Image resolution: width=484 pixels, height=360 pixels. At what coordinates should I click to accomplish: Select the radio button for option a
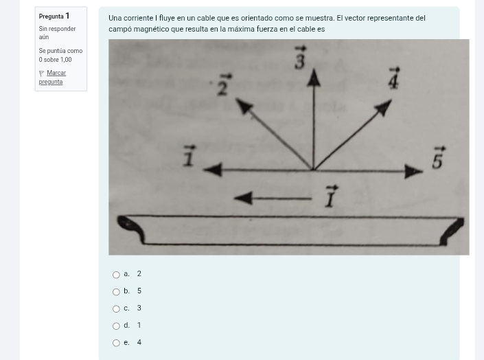tap(116, 275)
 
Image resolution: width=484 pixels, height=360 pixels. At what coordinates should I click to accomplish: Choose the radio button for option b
tap(116, 292)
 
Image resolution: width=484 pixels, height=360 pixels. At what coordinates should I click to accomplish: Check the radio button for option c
tap(116, 309)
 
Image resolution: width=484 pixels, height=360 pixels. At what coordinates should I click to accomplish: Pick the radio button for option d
tap(116, 326)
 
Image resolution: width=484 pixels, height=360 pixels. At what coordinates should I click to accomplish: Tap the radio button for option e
tap(116, 343)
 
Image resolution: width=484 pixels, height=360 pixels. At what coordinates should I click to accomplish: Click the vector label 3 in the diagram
tap(300, 60)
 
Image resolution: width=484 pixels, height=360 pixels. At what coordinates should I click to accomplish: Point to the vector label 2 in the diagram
tap(223, 86)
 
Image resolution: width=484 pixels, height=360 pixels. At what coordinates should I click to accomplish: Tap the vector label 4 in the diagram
tap(393, 78)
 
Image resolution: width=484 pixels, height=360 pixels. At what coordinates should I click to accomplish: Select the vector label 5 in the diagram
tap(437, 159)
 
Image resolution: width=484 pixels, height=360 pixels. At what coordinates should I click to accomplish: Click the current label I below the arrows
tap(331, 196)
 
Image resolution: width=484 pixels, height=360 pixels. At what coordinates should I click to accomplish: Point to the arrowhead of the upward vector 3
tap(314, 79)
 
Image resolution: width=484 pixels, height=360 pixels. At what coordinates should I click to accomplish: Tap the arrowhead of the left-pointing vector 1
tap(212, 169)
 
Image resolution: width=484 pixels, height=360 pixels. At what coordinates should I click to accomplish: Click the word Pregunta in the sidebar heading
tap(51, 16)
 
